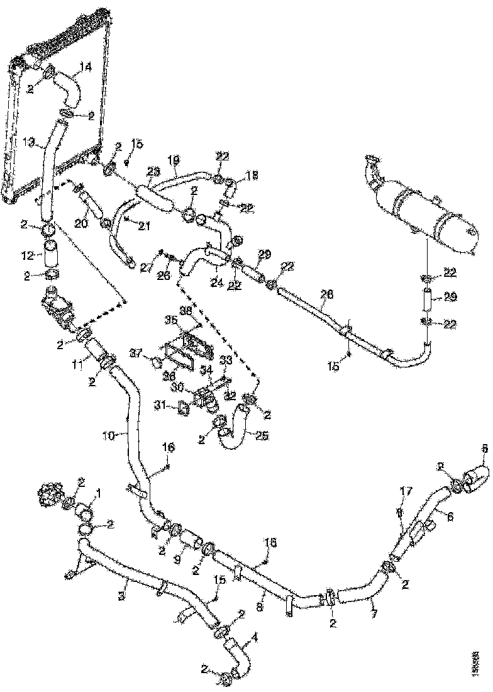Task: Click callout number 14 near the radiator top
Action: (86, 67)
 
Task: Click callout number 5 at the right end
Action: (484, 449)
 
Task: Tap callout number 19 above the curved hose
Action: (174, 160)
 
